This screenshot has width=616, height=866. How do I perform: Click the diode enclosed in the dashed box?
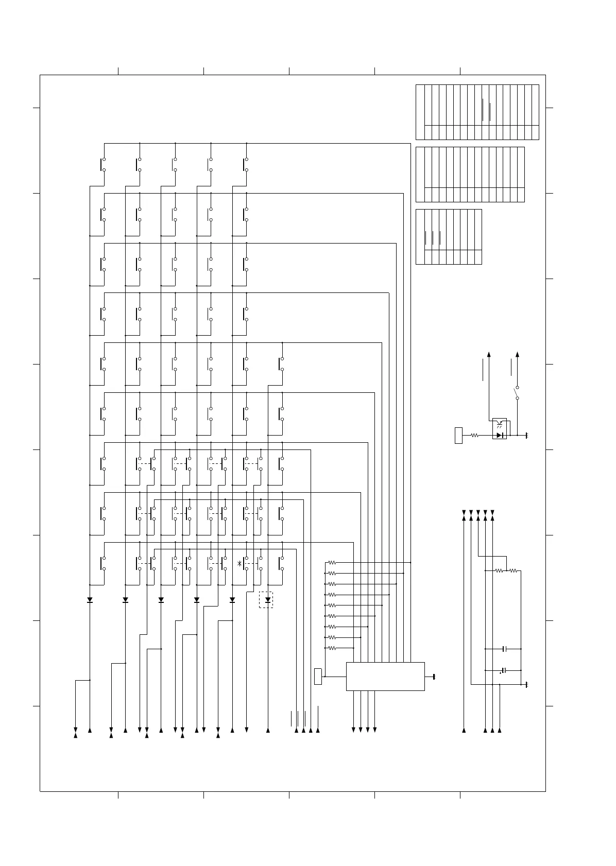[x=267, y=600]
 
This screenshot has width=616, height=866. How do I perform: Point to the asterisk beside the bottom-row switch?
[x=239, y=564]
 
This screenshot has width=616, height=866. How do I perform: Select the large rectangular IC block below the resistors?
[x=385, y=676]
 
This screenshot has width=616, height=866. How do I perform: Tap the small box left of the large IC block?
[x=318, y=676]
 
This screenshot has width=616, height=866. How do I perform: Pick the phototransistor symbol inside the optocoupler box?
[x=499, y=424]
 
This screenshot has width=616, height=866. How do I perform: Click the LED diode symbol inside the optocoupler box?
[x=499, y=435]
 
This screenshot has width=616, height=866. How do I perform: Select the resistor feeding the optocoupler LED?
[x=475, y=435]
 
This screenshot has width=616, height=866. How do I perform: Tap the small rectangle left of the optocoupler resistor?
[x=458, y=435]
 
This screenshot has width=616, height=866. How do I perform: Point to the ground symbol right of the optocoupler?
[x=527, y=436]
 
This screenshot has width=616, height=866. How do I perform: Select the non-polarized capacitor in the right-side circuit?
[x=505, y=649]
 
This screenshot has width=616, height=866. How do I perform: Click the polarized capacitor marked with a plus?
[x=504, y=670]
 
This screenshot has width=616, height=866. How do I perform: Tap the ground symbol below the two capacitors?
[x=527, y=685]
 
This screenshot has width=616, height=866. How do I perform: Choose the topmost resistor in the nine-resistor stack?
[x=332, y=563]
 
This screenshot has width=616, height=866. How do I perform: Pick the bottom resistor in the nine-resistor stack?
[x=332, y=648]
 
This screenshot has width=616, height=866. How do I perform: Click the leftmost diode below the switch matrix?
[x=90, y=600]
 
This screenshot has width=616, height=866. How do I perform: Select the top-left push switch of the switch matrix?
[x=102, y=165]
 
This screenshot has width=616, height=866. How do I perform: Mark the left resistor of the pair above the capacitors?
[x=499, y=570]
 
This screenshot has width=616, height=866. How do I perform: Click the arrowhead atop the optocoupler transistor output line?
[x=489, y=354]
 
